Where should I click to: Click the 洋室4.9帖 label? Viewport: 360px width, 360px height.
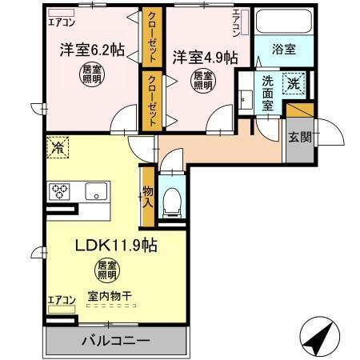pyautogui.click(x=205, y=58)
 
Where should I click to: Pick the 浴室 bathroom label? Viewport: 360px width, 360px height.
pyautogui.click(x=284, y=50)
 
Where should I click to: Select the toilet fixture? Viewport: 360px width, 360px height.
pyautogui.click(x=170, y=200)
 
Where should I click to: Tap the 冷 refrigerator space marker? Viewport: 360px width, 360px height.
pyautogui.click(x=58, y=146)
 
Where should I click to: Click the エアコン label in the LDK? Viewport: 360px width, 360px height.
pyautogui.click(x=61, y=300)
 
